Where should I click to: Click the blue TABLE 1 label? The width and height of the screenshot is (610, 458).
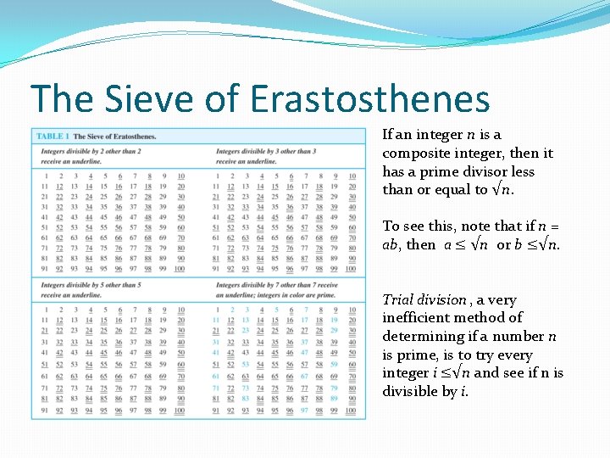[53, 136]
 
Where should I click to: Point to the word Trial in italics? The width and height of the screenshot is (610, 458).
[397, 299]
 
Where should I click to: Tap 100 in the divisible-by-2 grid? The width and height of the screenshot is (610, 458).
[180, 269]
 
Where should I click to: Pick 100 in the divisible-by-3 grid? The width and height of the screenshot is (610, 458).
[350, 269]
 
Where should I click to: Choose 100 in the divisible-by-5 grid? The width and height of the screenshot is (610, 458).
[180, 411]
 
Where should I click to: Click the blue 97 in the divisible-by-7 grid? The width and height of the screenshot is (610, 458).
[304, 411]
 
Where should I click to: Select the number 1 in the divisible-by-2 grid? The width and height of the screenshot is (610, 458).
[47, 176]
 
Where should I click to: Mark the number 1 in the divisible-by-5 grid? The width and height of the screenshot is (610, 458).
[47, 310]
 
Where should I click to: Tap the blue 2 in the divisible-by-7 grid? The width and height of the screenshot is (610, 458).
[232, 310]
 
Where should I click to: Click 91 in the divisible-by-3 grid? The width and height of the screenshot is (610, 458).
[217, 269]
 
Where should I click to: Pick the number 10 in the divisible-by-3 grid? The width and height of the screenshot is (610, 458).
[351, 176]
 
